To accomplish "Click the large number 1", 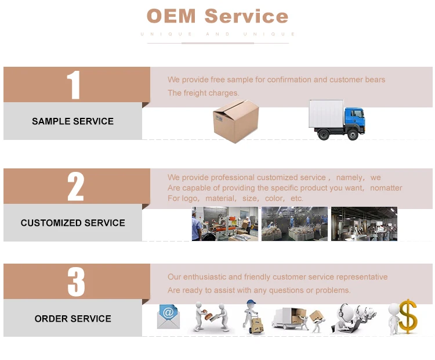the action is pos(73,85).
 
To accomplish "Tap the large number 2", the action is pos(75,186).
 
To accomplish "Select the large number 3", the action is pos(75,282).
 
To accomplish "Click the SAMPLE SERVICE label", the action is pos(72,121).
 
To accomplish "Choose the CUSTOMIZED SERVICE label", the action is pos(72,223).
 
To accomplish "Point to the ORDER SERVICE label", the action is pos(72,319).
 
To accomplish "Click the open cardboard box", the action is pos(235,120).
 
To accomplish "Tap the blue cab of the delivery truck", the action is pos(353,121).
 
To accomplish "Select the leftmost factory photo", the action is pos(224,224).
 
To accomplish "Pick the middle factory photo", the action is pos(294,224).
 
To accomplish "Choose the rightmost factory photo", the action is pos(364,224).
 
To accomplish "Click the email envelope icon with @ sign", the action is pos(168,316).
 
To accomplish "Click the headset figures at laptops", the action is pos(356,318).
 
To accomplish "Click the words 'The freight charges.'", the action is pos(203,93).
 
